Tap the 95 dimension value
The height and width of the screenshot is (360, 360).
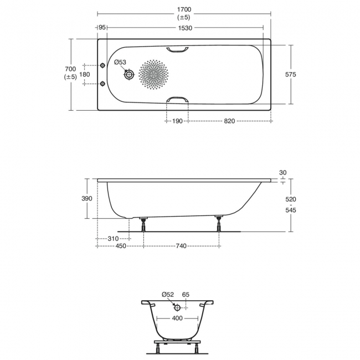[x=102, y=28]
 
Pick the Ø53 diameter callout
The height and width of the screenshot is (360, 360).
[x=121, y=63]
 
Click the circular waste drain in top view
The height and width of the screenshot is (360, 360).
[x=129, y=74]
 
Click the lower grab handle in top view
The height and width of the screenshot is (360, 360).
[x=177, y=100]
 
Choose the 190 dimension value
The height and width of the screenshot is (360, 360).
[x=177, y=120]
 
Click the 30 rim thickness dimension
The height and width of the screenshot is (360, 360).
[x=283, y=173]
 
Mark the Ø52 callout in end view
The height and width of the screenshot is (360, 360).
[x=168, y=295]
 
